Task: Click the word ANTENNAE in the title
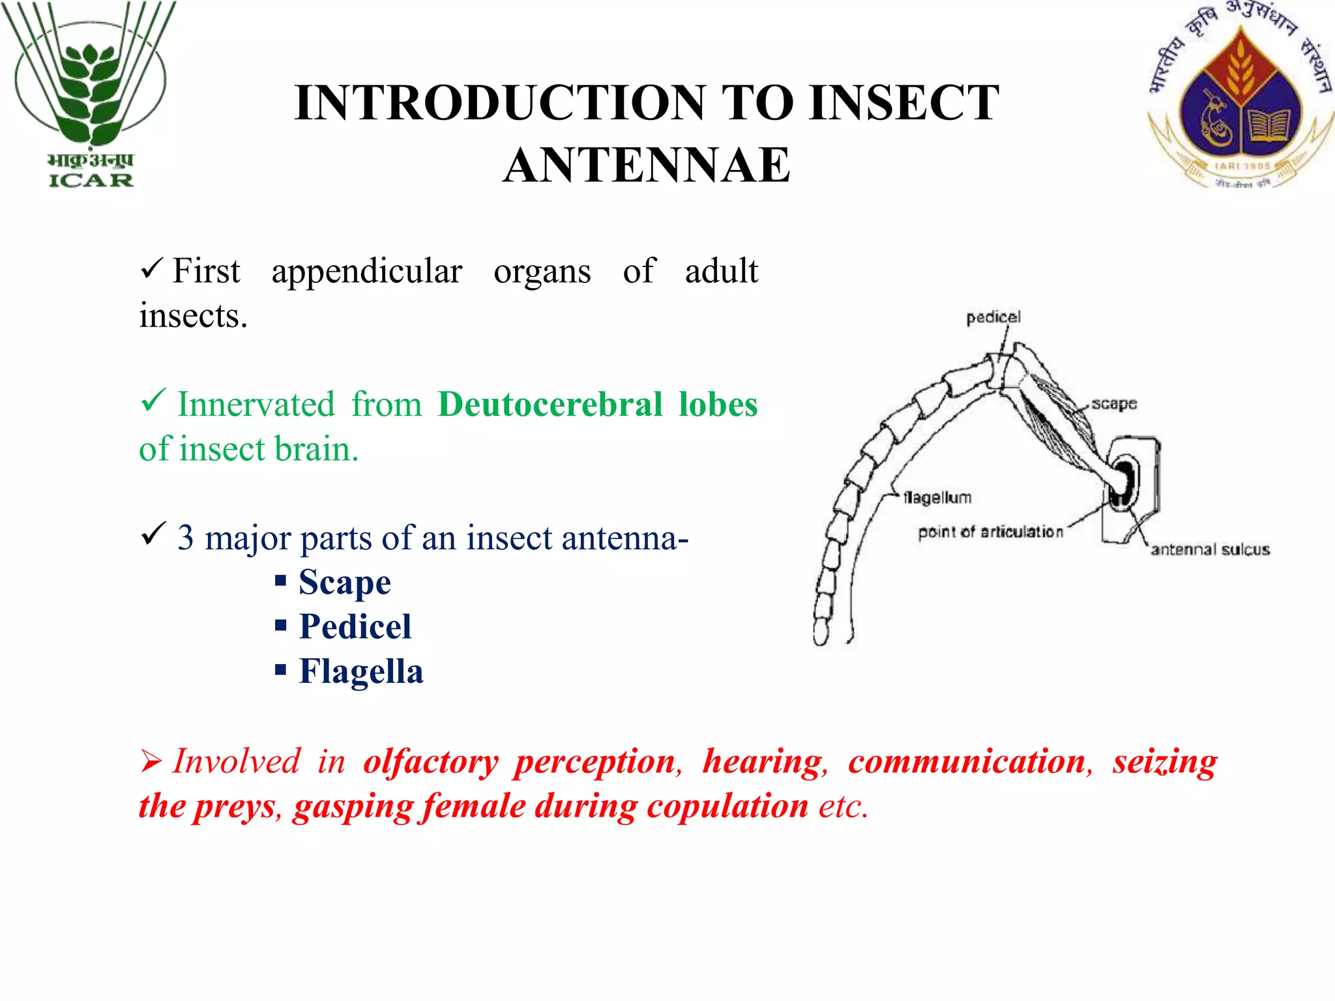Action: click(x=647, y=165)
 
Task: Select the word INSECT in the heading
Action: click(x=903, y=103)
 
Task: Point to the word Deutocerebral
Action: click(x=550, y=404)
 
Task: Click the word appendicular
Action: click(x=367, y=272)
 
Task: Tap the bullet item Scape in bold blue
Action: click(x=345, y=582)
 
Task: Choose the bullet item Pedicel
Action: click(x=355, y=627)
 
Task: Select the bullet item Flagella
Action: click(x=361, y=671)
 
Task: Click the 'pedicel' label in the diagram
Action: click(x=993, y=317)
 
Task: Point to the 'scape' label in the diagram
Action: click(x=1114, y=404)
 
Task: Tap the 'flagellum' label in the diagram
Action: click(x=937, y=498)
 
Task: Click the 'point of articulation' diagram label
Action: click(x=990, y=532)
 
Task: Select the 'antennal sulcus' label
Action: click(x=1210, y=550)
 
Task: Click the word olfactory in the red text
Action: click(x=431, y=762)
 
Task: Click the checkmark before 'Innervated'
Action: click(x=153, y=399)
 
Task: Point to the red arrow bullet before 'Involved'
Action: click(x=151, y=761)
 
